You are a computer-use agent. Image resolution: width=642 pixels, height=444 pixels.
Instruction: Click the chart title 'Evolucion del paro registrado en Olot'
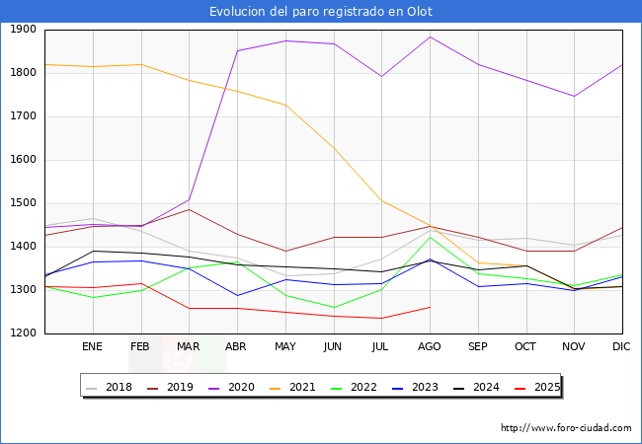[x=321, y=11]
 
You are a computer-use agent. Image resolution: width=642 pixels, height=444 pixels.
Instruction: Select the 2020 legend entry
[x=231, y=387]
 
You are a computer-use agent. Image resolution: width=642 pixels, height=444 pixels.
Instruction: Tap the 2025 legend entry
[x=537, y=387]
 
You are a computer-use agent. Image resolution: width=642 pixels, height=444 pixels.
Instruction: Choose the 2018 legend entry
[x=109, y=387]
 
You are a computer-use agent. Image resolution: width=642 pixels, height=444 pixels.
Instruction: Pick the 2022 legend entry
[x=354, y=387]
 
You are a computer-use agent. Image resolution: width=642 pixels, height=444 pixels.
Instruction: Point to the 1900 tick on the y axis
[x=23, y=30]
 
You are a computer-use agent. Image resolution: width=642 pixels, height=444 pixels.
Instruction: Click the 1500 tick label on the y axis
[x=23, y=203]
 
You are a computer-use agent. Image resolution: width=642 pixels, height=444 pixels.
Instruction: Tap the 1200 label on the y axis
[x=23, y=333]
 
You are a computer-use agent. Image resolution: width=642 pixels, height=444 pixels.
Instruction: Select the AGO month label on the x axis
[x=429, y=346]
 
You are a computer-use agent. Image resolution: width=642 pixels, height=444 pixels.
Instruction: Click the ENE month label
[x=92, y=346]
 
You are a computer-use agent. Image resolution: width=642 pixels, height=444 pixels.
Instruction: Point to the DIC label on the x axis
[x=621, y=346]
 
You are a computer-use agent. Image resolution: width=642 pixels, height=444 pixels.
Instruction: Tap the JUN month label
[x=333, y=346]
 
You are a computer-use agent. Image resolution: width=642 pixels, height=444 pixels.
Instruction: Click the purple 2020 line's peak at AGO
[x=431, y=37]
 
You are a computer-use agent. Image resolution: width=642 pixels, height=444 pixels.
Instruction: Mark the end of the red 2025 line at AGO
[x=431, y=307]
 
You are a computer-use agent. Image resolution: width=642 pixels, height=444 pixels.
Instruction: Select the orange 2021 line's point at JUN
[x=334, y=148]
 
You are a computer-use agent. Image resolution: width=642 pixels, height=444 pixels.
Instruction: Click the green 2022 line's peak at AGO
[x=431, y=237]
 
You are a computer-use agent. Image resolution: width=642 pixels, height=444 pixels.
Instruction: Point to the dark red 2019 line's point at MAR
[x=190, y=210]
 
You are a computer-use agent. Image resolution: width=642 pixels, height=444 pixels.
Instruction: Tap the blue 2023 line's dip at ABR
[x=237, y=295]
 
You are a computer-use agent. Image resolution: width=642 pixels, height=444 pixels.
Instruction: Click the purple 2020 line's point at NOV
[x=575, y=96]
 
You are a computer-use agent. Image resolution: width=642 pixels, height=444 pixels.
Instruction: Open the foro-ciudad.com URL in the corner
[x=566, y=428]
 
